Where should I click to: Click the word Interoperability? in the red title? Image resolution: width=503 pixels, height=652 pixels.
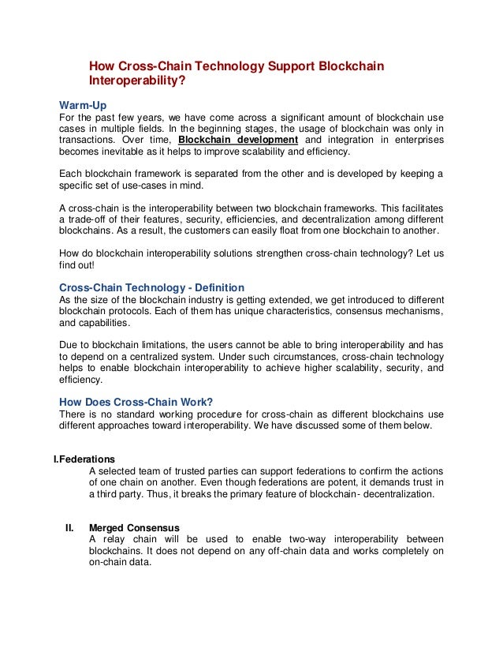click(x=137, y=81)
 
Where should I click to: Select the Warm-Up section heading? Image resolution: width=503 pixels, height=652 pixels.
click(x=83, y=104)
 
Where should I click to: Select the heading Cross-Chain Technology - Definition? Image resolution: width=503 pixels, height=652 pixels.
click(x=152, y=287)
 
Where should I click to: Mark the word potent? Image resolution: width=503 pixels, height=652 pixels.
click(x=360, y=482)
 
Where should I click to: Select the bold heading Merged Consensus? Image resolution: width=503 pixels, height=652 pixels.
click(x=134, y=527)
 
